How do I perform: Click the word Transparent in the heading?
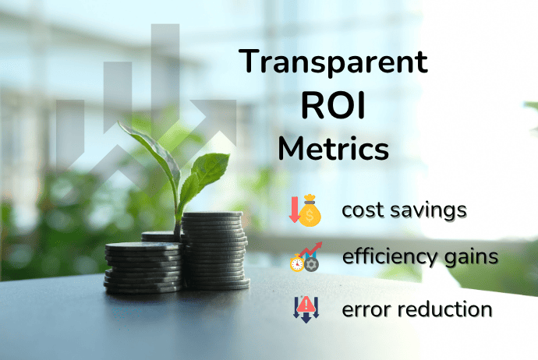(x=333, y=62)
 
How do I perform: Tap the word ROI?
(x=333, y=106)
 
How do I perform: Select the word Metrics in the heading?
(x=333, y=149)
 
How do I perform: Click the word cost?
(x=363, y=210)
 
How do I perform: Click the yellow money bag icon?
(x=310, y=211)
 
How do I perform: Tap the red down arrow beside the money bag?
(x=295, y=210)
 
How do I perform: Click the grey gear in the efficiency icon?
(x=312, y=265)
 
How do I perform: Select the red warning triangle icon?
(x=306, y=305)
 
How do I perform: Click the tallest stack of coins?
(x=215, y=251)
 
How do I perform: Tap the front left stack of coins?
(x=143, y=268)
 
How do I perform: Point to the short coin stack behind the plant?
(x=160, y=236)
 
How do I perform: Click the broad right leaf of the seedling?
(x=209, y=168)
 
